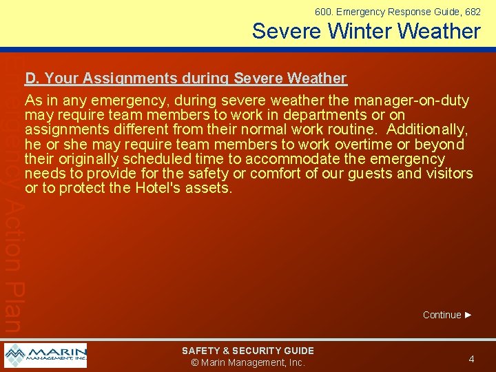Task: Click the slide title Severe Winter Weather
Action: click(366, 31)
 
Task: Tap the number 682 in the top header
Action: click(472, 12)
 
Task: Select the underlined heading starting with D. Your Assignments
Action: click(185, 79)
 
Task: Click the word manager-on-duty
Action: click(412, 101)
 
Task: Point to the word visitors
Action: click(447, 173)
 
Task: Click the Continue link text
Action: click(442, 315)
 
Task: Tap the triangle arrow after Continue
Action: click(468, 315)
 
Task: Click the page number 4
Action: click(471, 359)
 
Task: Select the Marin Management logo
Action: click(45, 355)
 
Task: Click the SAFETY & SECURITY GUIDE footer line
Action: click(247, 351)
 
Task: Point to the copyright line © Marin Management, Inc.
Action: click(247, 363)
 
